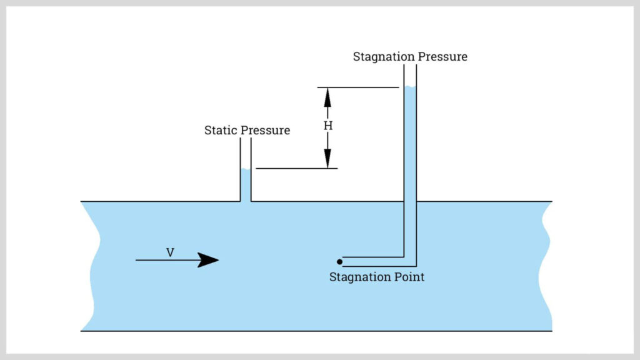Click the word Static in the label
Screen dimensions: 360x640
pyautogui.click(x=221, y=131)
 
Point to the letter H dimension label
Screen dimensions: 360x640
pyautogui.click(x=327, y=126)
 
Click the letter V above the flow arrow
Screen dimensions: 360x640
pyautogui.click(x=170, y=252)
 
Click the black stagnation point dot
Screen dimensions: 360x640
pyautogui.click(x=339, y=261)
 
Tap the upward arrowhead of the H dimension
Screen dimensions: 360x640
pyautogui.click(x=327, y=96)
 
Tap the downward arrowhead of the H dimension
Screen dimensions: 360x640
pyautogui.click(x=327, y=160)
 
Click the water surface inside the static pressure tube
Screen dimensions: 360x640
pyautogui.click(x=246, y=171)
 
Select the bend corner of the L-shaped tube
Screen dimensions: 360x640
pyautogui.click(x=410, y=261)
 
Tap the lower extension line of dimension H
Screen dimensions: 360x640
pyautogui.click(x=296, y=168)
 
